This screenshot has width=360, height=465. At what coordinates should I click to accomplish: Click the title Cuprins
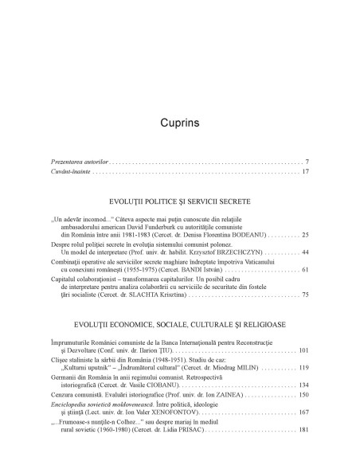(x=179, y=124)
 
